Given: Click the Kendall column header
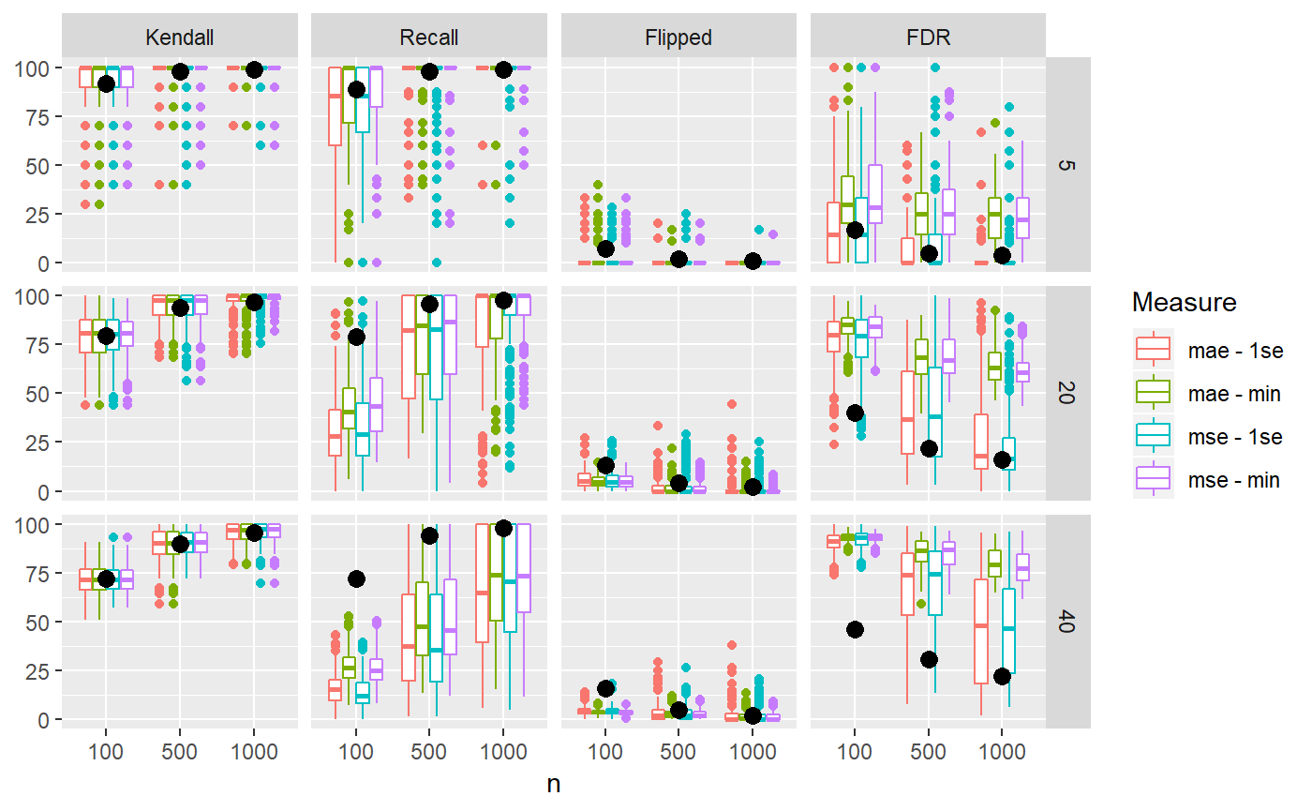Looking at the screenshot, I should coord(179,38).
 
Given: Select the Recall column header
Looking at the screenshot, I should coord(428,38).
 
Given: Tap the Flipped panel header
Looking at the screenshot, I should coord(678,38).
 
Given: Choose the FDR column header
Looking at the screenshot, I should coord(928,38).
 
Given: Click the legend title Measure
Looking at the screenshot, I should coord(1184,303).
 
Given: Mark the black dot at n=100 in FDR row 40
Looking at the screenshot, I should coord(855,629).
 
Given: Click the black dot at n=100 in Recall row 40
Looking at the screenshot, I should coord(356,578).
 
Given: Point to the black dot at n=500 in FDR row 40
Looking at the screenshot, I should coord(929,659).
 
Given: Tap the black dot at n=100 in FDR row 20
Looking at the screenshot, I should coord(855,413).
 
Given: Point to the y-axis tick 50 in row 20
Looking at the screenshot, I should coord(40,394).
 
